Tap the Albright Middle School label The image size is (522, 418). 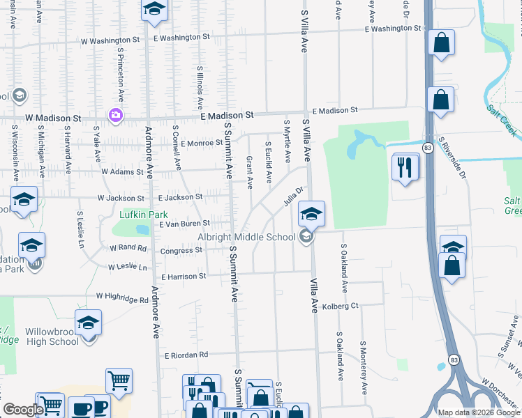(246, 237)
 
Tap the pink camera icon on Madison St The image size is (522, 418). (115, 114)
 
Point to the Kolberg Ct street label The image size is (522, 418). (341, 306)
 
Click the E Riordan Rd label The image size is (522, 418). (186, 355)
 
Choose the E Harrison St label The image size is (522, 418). (184, 277)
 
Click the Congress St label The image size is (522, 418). (181, 251)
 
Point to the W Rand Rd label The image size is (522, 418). (128, 247)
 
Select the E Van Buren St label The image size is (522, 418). (184, 224)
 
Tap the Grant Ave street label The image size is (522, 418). (249, 172)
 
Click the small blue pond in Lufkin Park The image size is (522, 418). (142, 229)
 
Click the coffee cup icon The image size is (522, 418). (80, 407)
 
